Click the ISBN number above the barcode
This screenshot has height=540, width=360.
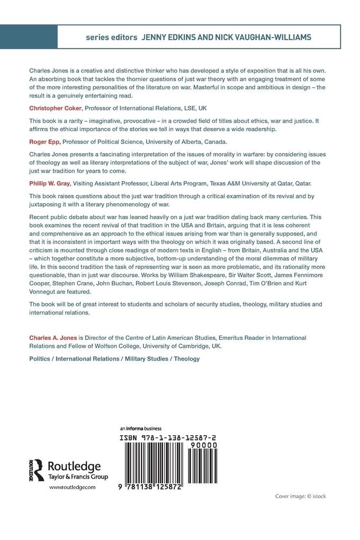click(167, 438)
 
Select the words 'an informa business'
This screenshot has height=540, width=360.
click(141, 429)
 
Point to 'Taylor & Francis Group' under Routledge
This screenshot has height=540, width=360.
click(78, 477)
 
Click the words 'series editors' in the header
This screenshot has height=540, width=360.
click(111, 38)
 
